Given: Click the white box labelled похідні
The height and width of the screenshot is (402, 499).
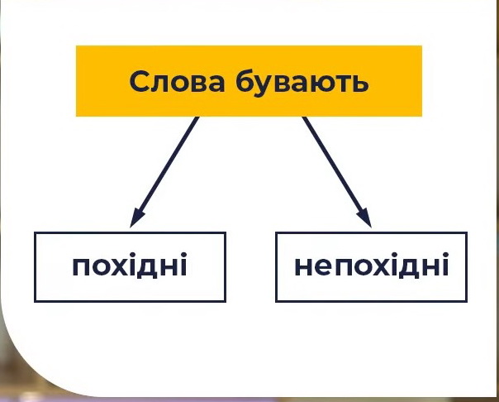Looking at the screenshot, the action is point(130,266).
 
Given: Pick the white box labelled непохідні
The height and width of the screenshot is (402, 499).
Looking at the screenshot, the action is point(371,266).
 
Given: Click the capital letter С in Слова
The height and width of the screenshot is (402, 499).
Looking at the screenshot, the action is point(140,82).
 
